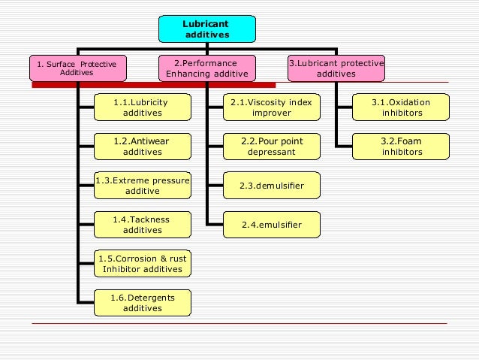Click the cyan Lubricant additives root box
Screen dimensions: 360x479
(x=206, y=29)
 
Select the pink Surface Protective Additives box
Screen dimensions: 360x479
(x=77, y=68)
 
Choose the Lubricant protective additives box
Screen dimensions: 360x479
(x=336, y=68)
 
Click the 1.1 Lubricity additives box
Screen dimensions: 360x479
(x=142, y=107)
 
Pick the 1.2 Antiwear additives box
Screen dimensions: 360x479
(x=142, y=146)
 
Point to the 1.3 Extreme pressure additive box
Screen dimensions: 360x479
(x=142, y=185)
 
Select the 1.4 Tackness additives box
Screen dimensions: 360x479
(x=142, y=225)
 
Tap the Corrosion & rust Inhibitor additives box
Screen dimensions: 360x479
(x=142, y=263)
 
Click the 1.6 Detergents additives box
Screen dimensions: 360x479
(x=142, y=303)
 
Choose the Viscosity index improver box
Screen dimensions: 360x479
(x=271, y=107)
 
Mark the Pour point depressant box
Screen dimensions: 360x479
(x=271, y=146)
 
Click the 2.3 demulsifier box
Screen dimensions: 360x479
(x=271, y=185)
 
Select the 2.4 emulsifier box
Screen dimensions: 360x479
(x=271, y=224)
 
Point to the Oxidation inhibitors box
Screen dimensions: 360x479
(x=402, y=107)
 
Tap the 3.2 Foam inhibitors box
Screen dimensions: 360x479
(x=402, y=146)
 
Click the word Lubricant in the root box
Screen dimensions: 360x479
(x=206, y=23)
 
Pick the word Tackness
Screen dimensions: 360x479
(x=149, y=219)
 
